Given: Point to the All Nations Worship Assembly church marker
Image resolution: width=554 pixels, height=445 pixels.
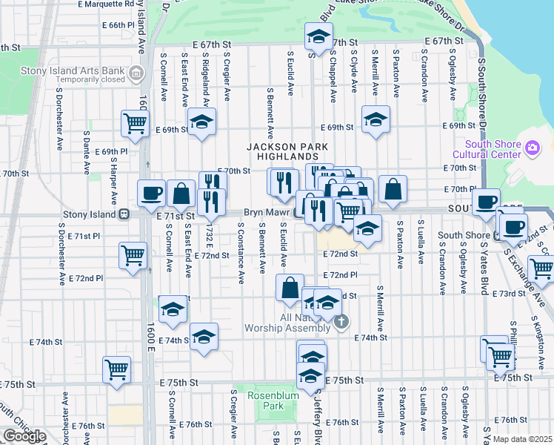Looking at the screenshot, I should point(341,321).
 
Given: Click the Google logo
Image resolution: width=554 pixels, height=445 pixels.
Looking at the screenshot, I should point(24,436).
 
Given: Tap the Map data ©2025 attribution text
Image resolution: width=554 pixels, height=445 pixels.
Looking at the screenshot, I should point(522,439).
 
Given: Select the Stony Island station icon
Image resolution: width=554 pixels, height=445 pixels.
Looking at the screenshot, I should point(125,214).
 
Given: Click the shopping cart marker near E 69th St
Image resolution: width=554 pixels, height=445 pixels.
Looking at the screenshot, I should point(134,123).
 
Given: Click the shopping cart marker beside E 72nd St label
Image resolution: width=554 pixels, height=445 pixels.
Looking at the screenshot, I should point(133,255).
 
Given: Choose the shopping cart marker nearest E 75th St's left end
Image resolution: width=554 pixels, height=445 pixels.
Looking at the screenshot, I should point(116,369).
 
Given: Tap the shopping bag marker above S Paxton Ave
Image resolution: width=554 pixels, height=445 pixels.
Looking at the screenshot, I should point(393,190).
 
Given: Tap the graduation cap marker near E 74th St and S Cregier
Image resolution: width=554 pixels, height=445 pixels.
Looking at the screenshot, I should point(204,337).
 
